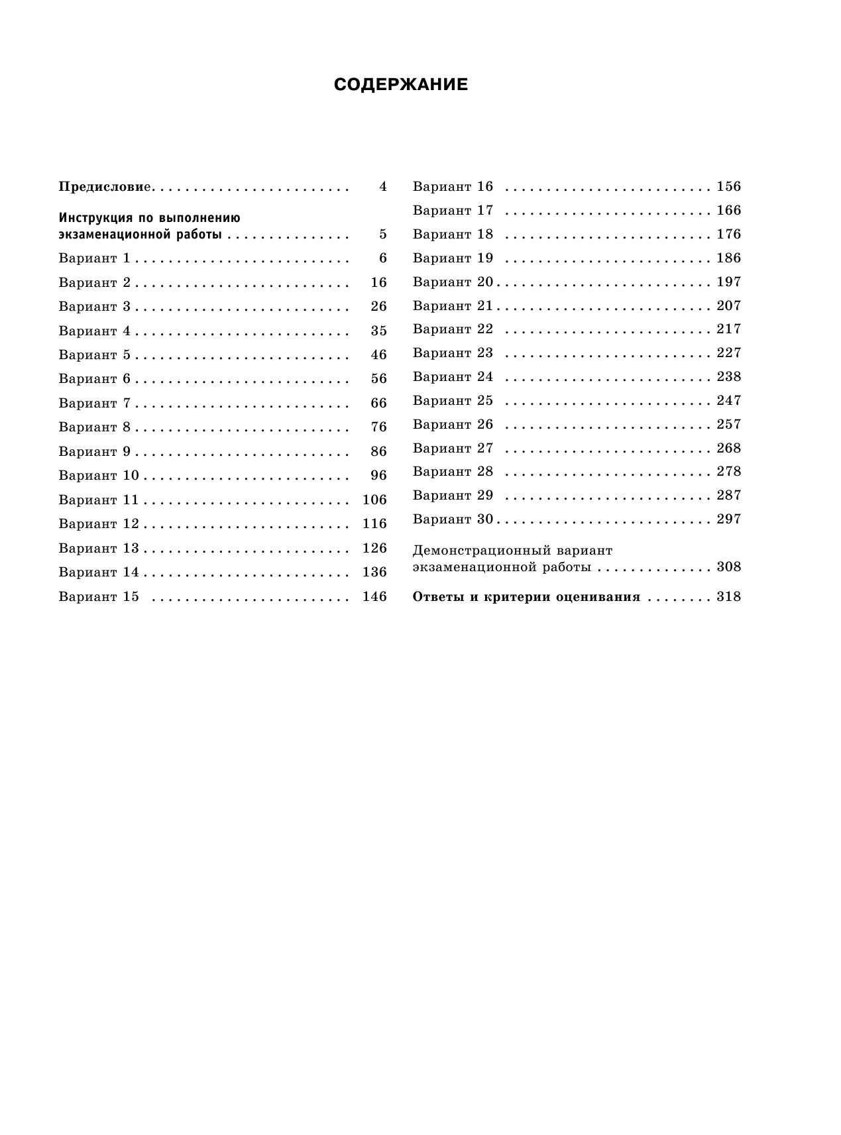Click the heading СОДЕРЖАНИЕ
click(400, 85)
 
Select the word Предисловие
click(105, 187)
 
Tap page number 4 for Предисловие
click(382, 187)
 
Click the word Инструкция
click(90, 217)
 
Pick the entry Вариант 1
click(94, 258)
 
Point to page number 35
click(378, 331)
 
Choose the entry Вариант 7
click(94, 403)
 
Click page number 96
click(378, 475)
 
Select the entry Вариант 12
click(99, 523)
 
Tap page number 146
click(374, 596)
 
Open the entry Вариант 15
click(99, 596)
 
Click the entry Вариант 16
click(453, 187)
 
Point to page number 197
click(728, 282)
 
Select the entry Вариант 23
click(453, 352)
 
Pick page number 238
click(728, 376)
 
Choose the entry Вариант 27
click(453, 448)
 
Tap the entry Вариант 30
click(453, 519)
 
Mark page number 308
click(728, 567)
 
